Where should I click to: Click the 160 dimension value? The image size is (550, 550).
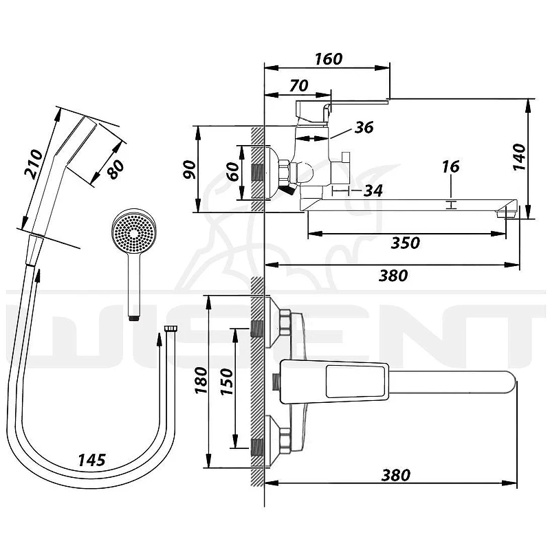(329, 59)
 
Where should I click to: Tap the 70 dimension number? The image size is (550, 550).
(299, 85)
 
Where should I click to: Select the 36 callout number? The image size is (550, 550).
(364, 127)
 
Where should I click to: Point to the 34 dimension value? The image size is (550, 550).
(373, 191)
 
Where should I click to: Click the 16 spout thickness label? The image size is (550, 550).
(451, 167)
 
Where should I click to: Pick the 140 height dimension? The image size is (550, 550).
(520, 157)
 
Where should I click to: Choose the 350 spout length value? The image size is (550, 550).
(406, 243)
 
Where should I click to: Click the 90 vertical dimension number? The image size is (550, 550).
(190, 169)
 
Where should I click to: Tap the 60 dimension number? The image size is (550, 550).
(232, 171)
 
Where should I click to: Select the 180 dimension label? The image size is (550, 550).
(201, 380)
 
